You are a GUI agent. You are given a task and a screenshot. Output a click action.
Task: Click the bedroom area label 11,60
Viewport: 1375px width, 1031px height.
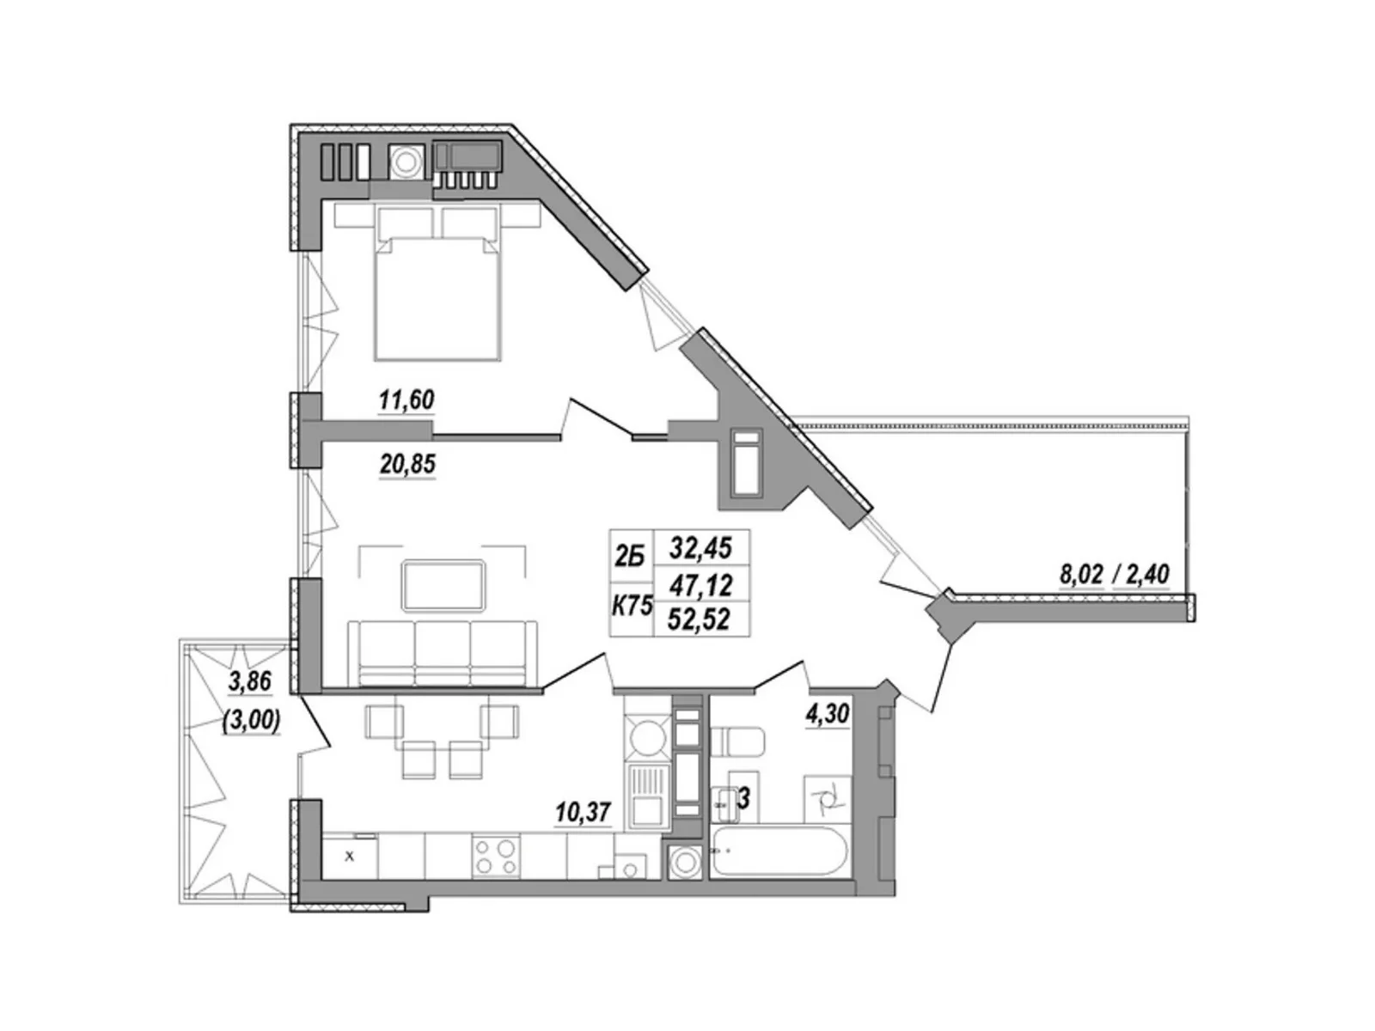click(x=406, y=400)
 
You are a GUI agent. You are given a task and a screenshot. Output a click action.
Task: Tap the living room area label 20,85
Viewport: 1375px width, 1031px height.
click(x=406, y=465)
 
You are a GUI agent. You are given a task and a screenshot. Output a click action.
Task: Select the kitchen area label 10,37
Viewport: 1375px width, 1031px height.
click(x=582, y=813)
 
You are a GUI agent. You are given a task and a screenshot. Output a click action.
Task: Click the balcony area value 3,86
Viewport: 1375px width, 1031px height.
click(x=250, y=681)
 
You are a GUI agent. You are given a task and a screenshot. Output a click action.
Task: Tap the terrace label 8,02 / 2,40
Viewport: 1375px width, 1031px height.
click(x=1114, y=574)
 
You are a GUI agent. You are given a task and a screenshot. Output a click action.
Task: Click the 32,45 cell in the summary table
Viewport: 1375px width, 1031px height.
click(x=701, y=549)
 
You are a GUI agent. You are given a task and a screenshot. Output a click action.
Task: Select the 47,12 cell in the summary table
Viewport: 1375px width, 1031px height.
click(x=701, y=585)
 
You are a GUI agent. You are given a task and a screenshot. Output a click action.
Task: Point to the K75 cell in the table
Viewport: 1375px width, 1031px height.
click(x=632, y=607)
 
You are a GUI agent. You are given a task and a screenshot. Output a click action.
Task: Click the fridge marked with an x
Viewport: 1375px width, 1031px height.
click(x=350, y=855)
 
